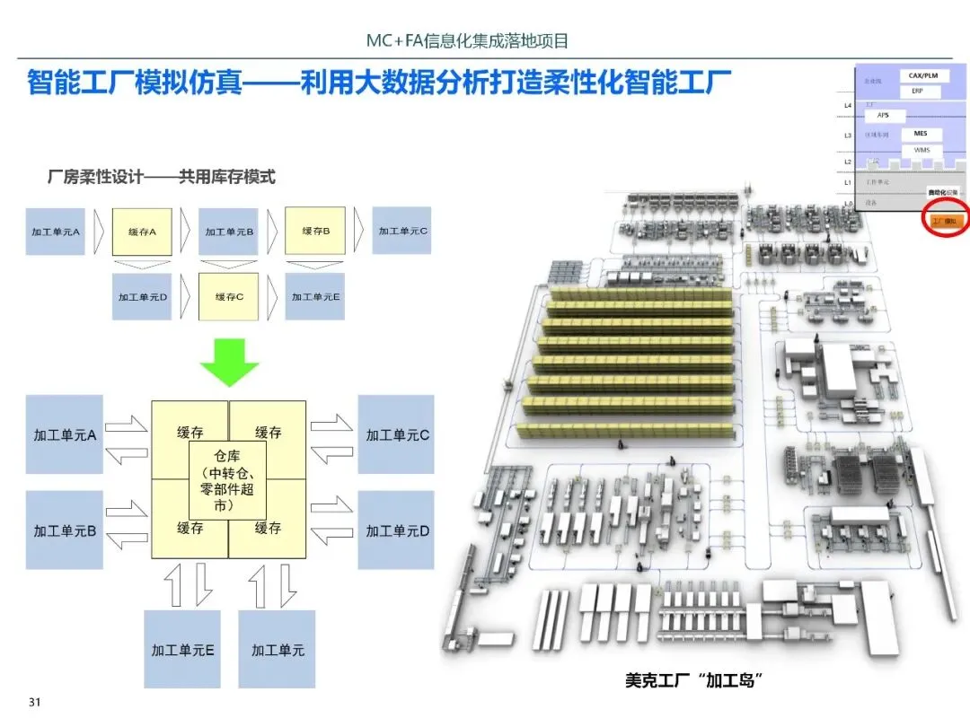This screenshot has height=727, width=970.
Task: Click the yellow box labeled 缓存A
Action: pyautogui.click(x=142, y=232)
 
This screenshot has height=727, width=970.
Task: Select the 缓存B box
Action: pyautogui.click(x=315, y=231)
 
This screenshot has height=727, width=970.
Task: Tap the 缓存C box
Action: pyautogui.click(x=228, y=296)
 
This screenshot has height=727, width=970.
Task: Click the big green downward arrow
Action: pyautogui.click(x=229, y=359)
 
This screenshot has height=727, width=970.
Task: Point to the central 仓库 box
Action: pyautogui.click(x=229, y=482)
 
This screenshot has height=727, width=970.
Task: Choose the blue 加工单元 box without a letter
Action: pyautogui.click(x=278, y=649)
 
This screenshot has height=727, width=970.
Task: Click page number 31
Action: pyautogui.click(x=36, y=701)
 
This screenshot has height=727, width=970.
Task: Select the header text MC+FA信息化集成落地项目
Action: pyautogui.click(x=468, y=40)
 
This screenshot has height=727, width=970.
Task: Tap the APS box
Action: pyautogui.click(x=884, y=116)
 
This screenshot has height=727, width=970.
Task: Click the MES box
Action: pyautogui.click(x=921, y=134)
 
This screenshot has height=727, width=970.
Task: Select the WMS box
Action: pyautogui.click(x=921, y=150)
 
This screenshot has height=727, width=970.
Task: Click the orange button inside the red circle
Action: pyautogui.click(x=946, y=220)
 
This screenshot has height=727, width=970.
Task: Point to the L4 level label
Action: pyautogui.click(x=848, y=106)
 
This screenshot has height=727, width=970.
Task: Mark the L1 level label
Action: pyautogui.click(x=848, y=182)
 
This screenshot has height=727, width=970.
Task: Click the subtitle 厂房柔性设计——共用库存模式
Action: pyautogui.click(x=161, y=178)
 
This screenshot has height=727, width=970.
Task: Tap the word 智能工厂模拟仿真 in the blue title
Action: pyautogui.click(x=133, y=83)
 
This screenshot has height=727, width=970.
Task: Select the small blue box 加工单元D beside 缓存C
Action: pyautogui.click(x=142, y=296)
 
